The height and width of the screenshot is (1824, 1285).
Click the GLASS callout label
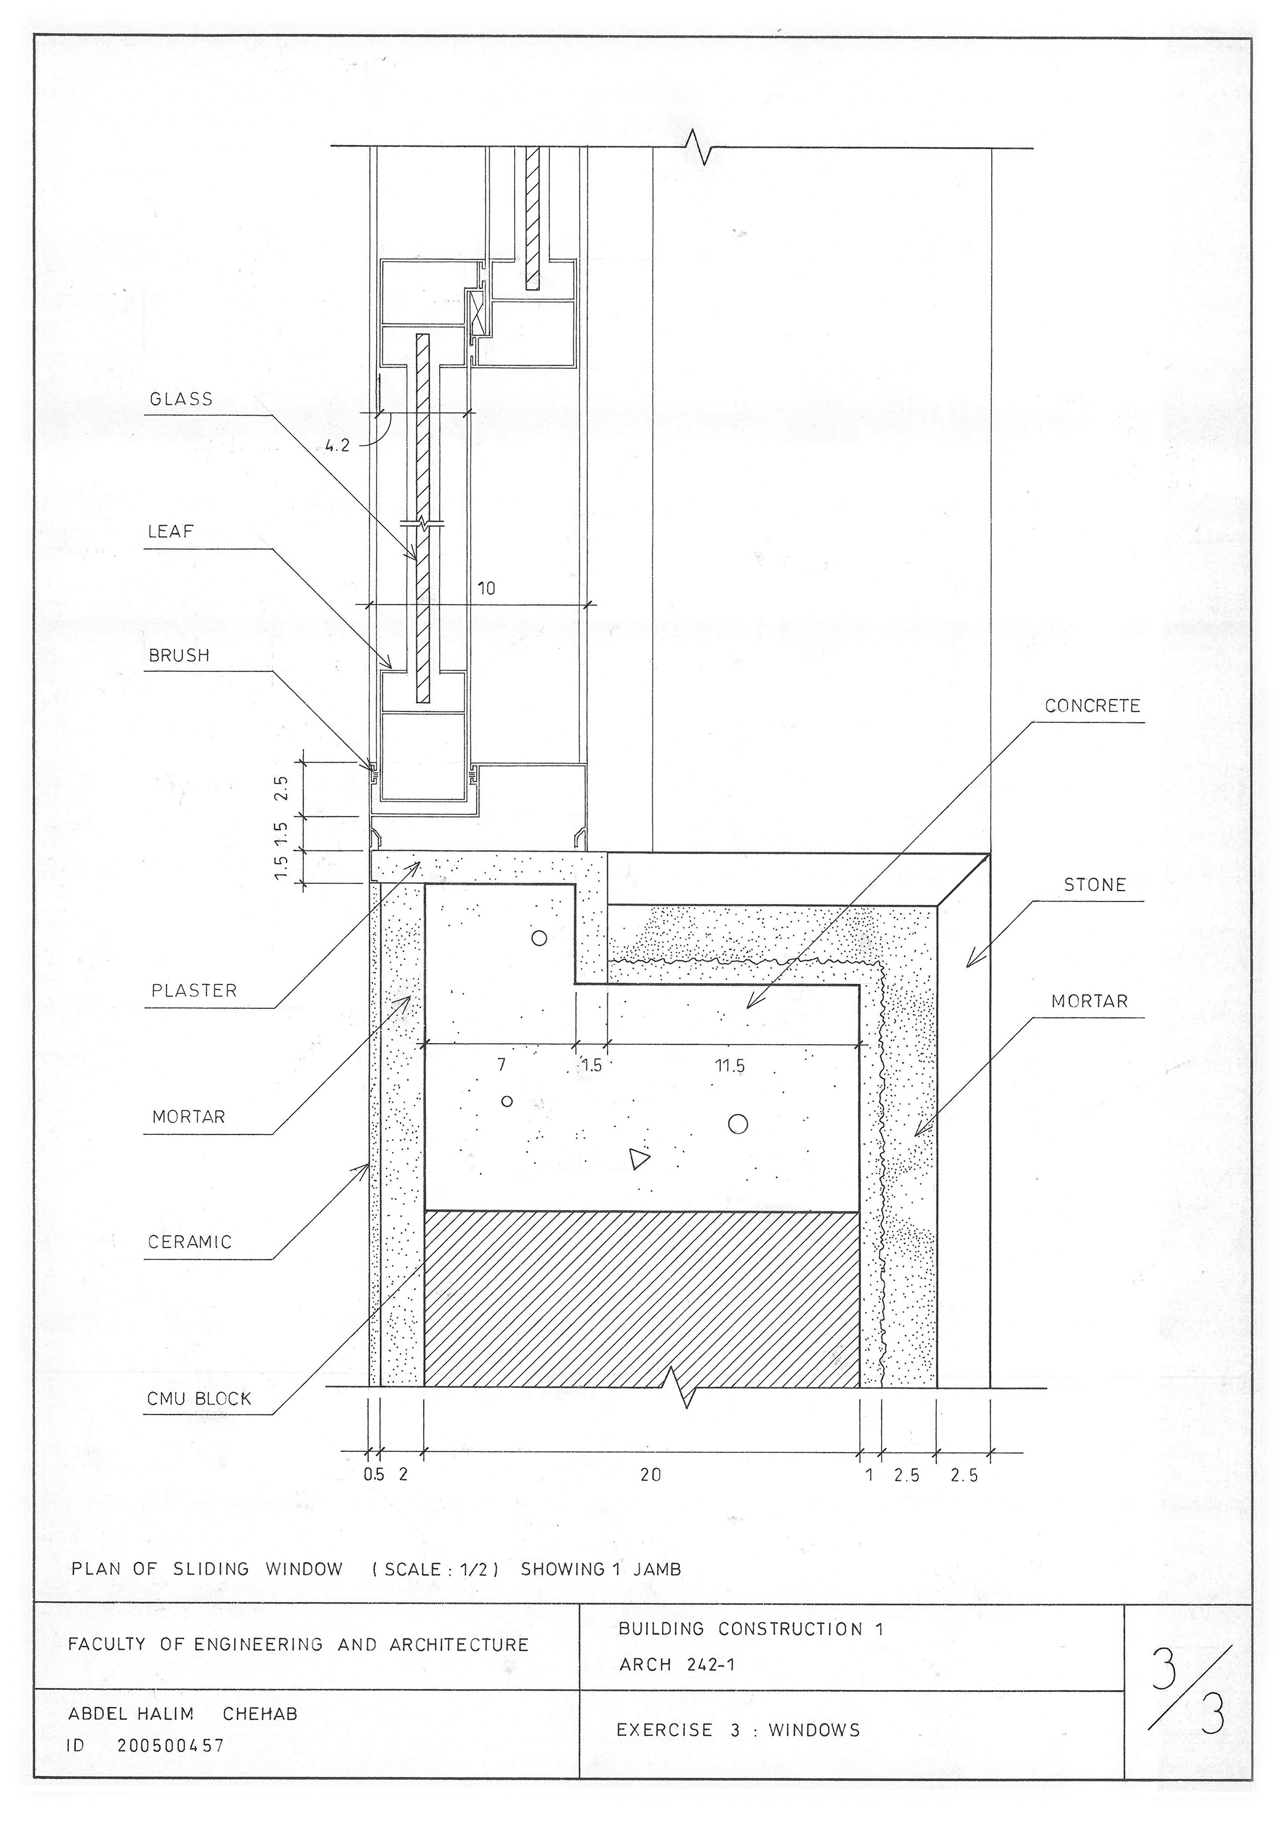(181, 399)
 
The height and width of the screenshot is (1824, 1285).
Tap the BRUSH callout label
(179, 655)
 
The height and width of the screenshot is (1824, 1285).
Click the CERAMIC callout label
(189, 1242)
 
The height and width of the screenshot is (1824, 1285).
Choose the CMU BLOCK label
(199, 1399)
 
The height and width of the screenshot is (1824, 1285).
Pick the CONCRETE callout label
(1092, 705)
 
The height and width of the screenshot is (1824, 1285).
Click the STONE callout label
(1094, 885)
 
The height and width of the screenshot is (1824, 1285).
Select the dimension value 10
(486, 588)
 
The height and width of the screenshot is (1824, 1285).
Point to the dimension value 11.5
(730, 1065)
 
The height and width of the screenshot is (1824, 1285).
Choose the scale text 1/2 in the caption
(474, 1569)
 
